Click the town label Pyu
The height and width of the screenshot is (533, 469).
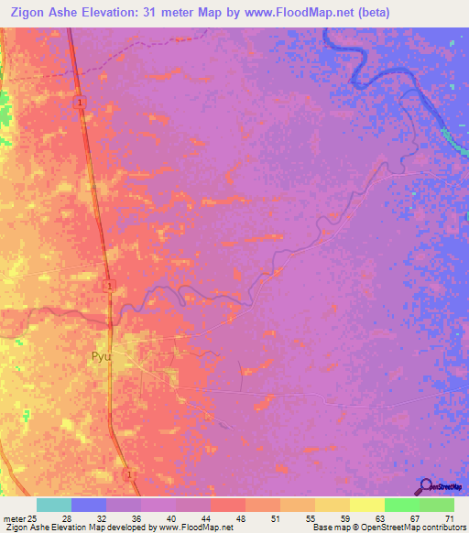click(100, 357)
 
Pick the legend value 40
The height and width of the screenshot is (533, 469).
click(176, 519)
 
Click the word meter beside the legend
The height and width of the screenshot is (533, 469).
click(12, 519)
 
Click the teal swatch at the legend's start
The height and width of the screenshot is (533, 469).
click(54, 505)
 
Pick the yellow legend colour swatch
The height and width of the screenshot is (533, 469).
click(367, 505)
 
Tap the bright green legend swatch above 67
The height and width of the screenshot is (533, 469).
click(402, 505)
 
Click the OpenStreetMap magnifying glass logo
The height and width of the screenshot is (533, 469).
click(426, 486)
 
